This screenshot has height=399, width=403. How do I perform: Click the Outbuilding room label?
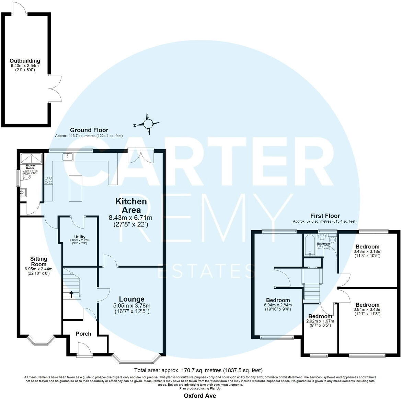click(25, 61)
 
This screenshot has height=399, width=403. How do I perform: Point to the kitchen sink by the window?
click(67, 156)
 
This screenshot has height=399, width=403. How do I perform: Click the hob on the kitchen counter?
click(48, 180)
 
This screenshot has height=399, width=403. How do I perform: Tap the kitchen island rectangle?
click(76, 188)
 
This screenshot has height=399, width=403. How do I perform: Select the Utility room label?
click(80, 237)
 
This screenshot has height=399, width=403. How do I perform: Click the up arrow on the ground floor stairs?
click(71, 294)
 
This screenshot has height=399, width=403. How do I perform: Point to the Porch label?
click(83, 333)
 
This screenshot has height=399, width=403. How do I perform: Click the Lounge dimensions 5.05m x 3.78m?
click(132, 306)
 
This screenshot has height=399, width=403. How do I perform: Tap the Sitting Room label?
click(38, 261)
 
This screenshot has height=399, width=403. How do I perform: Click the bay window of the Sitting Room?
click(41, 341)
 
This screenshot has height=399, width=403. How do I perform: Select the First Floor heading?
click(325, 216)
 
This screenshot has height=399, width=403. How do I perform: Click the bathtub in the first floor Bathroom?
click(310, 245)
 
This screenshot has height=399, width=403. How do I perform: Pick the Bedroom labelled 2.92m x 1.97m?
click(320, 316)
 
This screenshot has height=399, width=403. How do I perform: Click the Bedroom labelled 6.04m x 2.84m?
click(276, 300)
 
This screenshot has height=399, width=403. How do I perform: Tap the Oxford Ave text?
click(200, 396)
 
